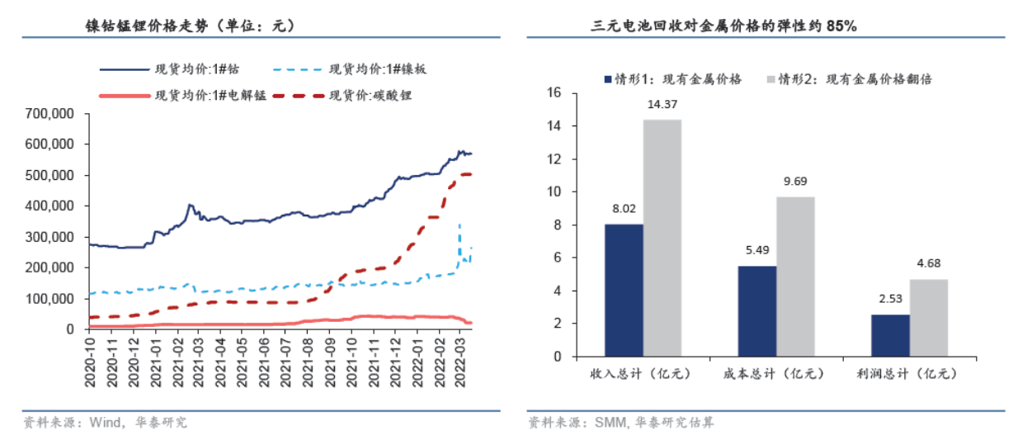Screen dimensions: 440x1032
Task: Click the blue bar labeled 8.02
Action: tap(624, 290)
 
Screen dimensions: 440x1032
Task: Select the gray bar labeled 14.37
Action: tap(662, 238)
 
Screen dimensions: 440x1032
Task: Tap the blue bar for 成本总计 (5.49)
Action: tap(756, 310)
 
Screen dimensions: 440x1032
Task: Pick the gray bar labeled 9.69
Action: tap(795, 277)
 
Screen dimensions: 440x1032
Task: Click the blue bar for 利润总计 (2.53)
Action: tap(889, 335)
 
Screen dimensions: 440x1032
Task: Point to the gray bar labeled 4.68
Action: tap(928, 318)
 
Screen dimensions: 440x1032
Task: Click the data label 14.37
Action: tap(662, 104)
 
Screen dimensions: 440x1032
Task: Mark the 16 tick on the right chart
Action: tap(554, 93)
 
